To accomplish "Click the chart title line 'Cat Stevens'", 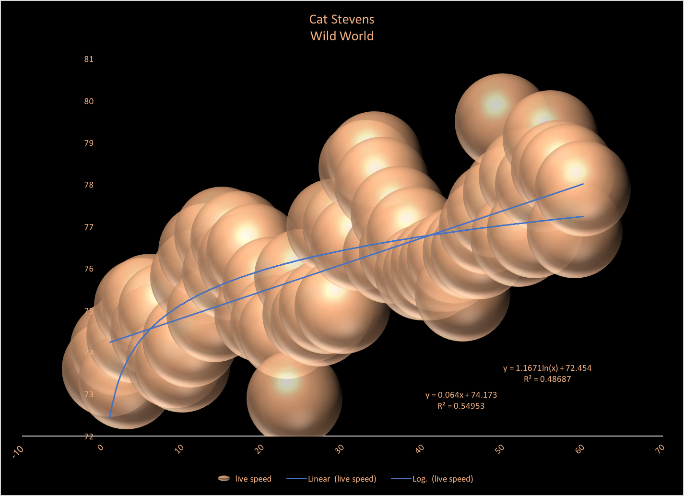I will click(342, 20).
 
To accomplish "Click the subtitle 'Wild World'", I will click(342, 36).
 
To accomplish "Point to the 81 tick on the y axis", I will click(89, 59).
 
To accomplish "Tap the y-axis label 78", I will click(89, 185).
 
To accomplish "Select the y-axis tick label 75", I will click(89, 311).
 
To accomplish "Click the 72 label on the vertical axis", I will click(89, 437).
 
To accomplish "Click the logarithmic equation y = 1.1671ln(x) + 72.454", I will click(547, 368).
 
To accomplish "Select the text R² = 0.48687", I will click(547, 379).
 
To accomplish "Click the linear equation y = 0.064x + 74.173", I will click(461, 395).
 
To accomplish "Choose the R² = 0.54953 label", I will click(461, 406).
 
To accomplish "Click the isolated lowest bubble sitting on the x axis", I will click(294, 398).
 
